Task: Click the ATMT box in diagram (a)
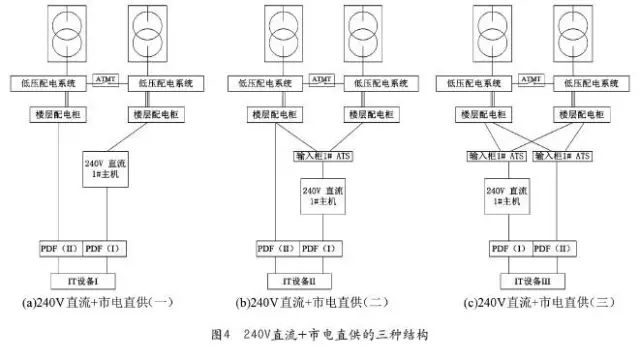105,78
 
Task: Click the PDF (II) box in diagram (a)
57,247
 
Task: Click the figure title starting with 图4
320,333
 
